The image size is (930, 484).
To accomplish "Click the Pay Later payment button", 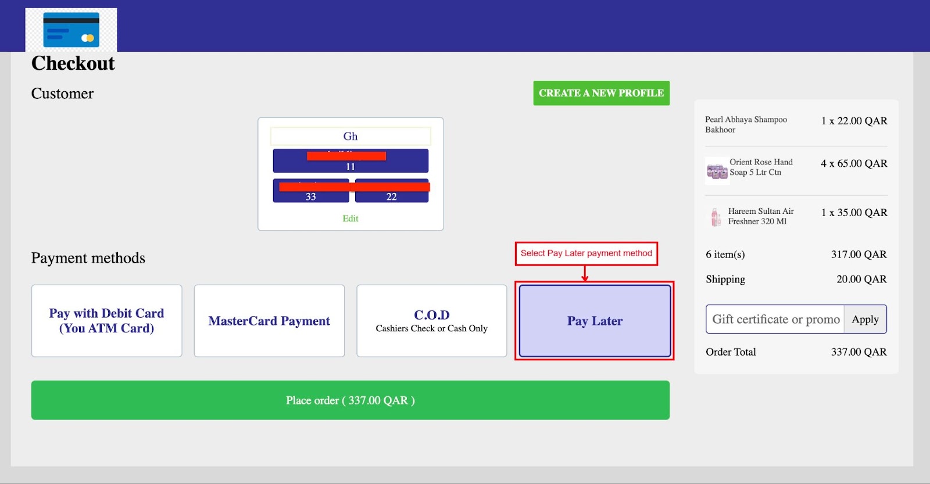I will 595,321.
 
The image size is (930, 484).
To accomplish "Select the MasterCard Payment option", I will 269,321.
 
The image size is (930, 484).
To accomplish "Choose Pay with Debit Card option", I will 106,321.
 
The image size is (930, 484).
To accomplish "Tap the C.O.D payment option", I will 431,321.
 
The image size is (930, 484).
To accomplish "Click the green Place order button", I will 350,400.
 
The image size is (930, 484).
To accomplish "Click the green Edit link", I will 350,218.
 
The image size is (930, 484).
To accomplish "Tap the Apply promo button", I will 865,319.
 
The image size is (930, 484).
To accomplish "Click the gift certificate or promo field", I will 775,319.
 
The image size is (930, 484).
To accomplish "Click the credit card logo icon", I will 71,30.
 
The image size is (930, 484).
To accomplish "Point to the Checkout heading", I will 73,63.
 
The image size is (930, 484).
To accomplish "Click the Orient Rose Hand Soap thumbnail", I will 717,171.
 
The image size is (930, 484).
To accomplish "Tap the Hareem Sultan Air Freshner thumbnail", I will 716,217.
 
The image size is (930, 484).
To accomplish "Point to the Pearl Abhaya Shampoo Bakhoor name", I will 746,124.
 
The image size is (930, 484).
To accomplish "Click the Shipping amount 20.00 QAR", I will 861,279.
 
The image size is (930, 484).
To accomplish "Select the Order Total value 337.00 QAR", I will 859,352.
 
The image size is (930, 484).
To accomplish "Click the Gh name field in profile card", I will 350,137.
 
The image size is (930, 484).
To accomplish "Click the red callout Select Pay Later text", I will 586,253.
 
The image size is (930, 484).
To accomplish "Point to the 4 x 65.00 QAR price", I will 854,164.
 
